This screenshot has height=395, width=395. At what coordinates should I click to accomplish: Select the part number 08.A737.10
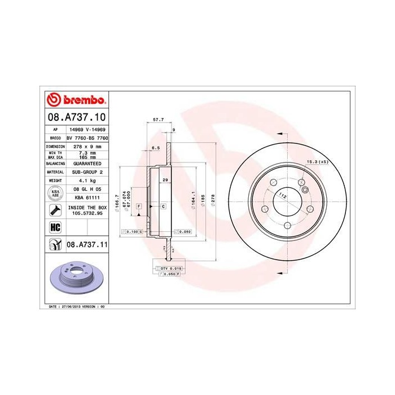point(76,117)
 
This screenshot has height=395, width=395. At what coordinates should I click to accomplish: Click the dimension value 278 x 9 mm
point(87,146)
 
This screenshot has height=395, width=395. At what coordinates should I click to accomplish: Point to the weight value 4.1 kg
point(87,180)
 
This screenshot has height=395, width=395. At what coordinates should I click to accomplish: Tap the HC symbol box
point(55,227)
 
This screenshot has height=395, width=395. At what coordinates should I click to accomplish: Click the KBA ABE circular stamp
point(55,194)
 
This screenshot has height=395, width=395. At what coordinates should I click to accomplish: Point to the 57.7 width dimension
point(159,120)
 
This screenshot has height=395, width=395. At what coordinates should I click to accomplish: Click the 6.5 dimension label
point(155,148)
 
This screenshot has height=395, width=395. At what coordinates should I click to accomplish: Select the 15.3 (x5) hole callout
point(317,162)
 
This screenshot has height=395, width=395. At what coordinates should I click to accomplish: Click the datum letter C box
point(163,207)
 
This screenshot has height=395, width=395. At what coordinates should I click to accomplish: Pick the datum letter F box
point(138,207)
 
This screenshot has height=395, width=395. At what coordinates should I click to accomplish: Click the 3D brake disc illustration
point(76,279)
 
